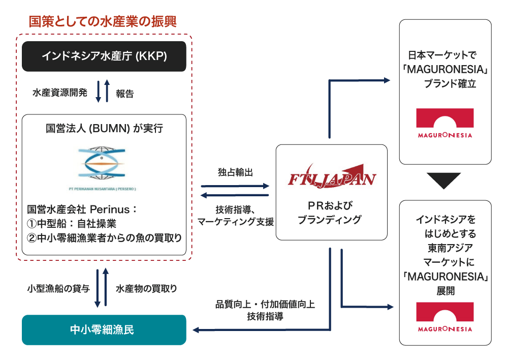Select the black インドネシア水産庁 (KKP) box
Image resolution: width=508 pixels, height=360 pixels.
104,55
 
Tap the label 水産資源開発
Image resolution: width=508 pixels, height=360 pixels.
60,93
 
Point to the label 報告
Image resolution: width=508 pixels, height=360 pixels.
124,93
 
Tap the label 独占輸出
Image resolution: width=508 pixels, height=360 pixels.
235,172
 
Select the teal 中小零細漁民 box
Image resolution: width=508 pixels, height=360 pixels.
104,330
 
